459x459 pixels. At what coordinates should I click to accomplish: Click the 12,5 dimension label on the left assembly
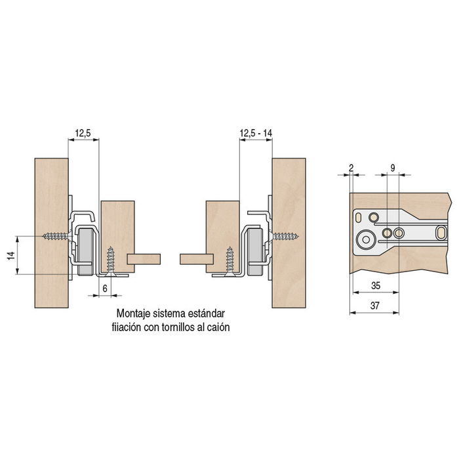click(82, 133)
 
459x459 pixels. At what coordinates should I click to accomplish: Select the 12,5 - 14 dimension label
click(256, 133)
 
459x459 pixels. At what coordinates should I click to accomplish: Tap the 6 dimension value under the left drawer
click(104, 289)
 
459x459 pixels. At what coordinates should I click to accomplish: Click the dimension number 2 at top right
click(351, 169)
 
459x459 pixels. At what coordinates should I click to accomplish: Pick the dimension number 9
click(392, 169)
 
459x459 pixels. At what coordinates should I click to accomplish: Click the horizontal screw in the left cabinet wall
click(56, 235)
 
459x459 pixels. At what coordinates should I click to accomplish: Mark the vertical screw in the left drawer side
click(111, 261)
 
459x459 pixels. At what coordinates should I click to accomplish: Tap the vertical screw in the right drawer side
click(229, 261)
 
